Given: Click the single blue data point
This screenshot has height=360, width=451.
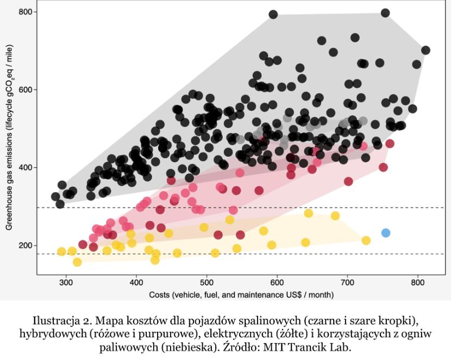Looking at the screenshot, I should (x=386, y=233).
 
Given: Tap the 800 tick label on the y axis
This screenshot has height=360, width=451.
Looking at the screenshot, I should (x=26, y=11).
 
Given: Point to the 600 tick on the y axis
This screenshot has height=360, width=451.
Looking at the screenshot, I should (x=26, y=90).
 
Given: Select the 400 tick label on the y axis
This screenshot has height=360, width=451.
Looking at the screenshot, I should (x=26, y=167).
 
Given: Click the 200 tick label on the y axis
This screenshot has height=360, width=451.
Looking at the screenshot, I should (x=26, y=245).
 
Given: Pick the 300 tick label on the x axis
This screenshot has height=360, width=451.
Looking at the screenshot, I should (x=66, y=283).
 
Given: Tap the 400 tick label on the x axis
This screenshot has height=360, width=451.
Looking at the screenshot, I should (x=136, y=283).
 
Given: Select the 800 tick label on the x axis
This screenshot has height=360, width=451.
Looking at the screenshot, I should (x=418, y=283).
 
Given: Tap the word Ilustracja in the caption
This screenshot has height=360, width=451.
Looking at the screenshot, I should (x=57, y=319).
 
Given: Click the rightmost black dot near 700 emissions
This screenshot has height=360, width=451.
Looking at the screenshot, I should (x=425, y=50).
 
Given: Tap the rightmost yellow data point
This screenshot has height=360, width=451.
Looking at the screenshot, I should (x=366, y=241).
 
